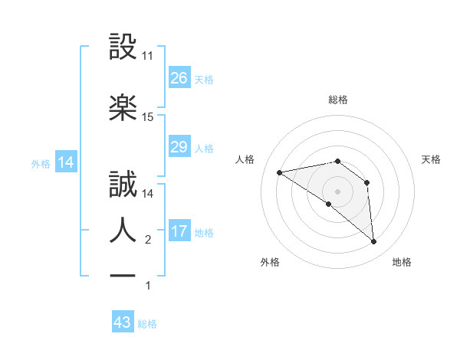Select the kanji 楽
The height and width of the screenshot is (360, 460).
coord(123,107)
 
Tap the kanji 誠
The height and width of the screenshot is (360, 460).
coord(123,185)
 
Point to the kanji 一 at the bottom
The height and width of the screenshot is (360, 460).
coord(123,274)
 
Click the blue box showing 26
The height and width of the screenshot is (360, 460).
coord(179,78)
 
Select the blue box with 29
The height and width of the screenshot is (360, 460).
coord(179,147)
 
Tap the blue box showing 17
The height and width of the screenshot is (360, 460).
coord(179,231)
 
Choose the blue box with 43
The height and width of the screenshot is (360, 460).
coord(123,322)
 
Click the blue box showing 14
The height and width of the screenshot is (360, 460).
coord(66,162)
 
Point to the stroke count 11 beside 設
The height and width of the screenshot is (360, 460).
coord(148,56)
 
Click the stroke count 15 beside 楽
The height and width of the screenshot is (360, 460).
coord(148,117)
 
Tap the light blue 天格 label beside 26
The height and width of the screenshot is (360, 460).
coord(204,80)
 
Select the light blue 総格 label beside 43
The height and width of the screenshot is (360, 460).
coord(147,324)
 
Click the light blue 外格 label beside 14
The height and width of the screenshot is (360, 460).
coord(41,164)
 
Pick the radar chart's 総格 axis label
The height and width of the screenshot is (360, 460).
coord(338,100)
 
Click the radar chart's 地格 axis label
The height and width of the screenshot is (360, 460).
coord(402,263)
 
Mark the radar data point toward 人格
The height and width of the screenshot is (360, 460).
coord(280,172)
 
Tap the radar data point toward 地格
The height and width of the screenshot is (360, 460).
coord(373,241)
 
